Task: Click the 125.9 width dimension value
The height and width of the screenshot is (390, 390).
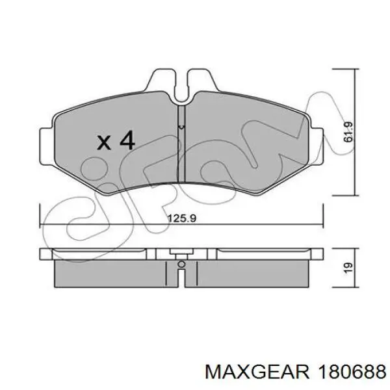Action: coord(182,218)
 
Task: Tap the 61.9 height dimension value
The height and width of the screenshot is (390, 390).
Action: coord(348,132)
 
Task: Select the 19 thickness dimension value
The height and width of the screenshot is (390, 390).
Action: coord(348,267)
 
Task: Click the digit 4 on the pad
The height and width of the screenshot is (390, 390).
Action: coord(127,140)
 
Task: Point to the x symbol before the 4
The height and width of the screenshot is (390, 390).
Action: coord(104,143)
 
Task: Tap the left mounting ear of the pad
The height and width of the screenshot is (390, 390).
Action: coord(47,146)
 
